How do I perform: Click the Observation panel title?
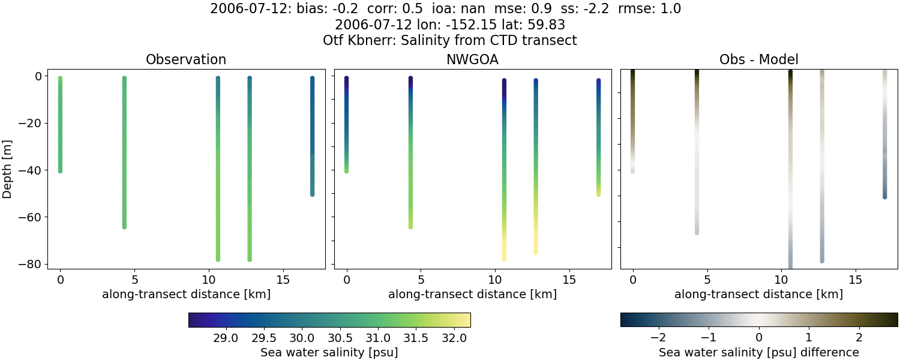click(186, 59)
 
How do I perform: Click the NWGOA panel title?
click(472, 59)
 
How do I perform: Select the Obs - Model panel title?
click(758, 59)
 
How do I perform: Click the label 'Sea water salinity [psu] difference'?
click(758, 352)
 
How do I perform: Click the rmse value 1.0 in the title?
click(670, 9)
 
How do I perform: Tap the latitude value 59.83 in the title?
click(547, 25)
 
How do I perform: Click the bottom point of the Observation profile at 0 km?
click(60, 171)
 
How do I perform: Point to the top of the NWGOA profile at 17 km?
click(598, 80)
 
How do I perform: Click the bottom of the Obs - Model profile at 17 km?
click(884, 196)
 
